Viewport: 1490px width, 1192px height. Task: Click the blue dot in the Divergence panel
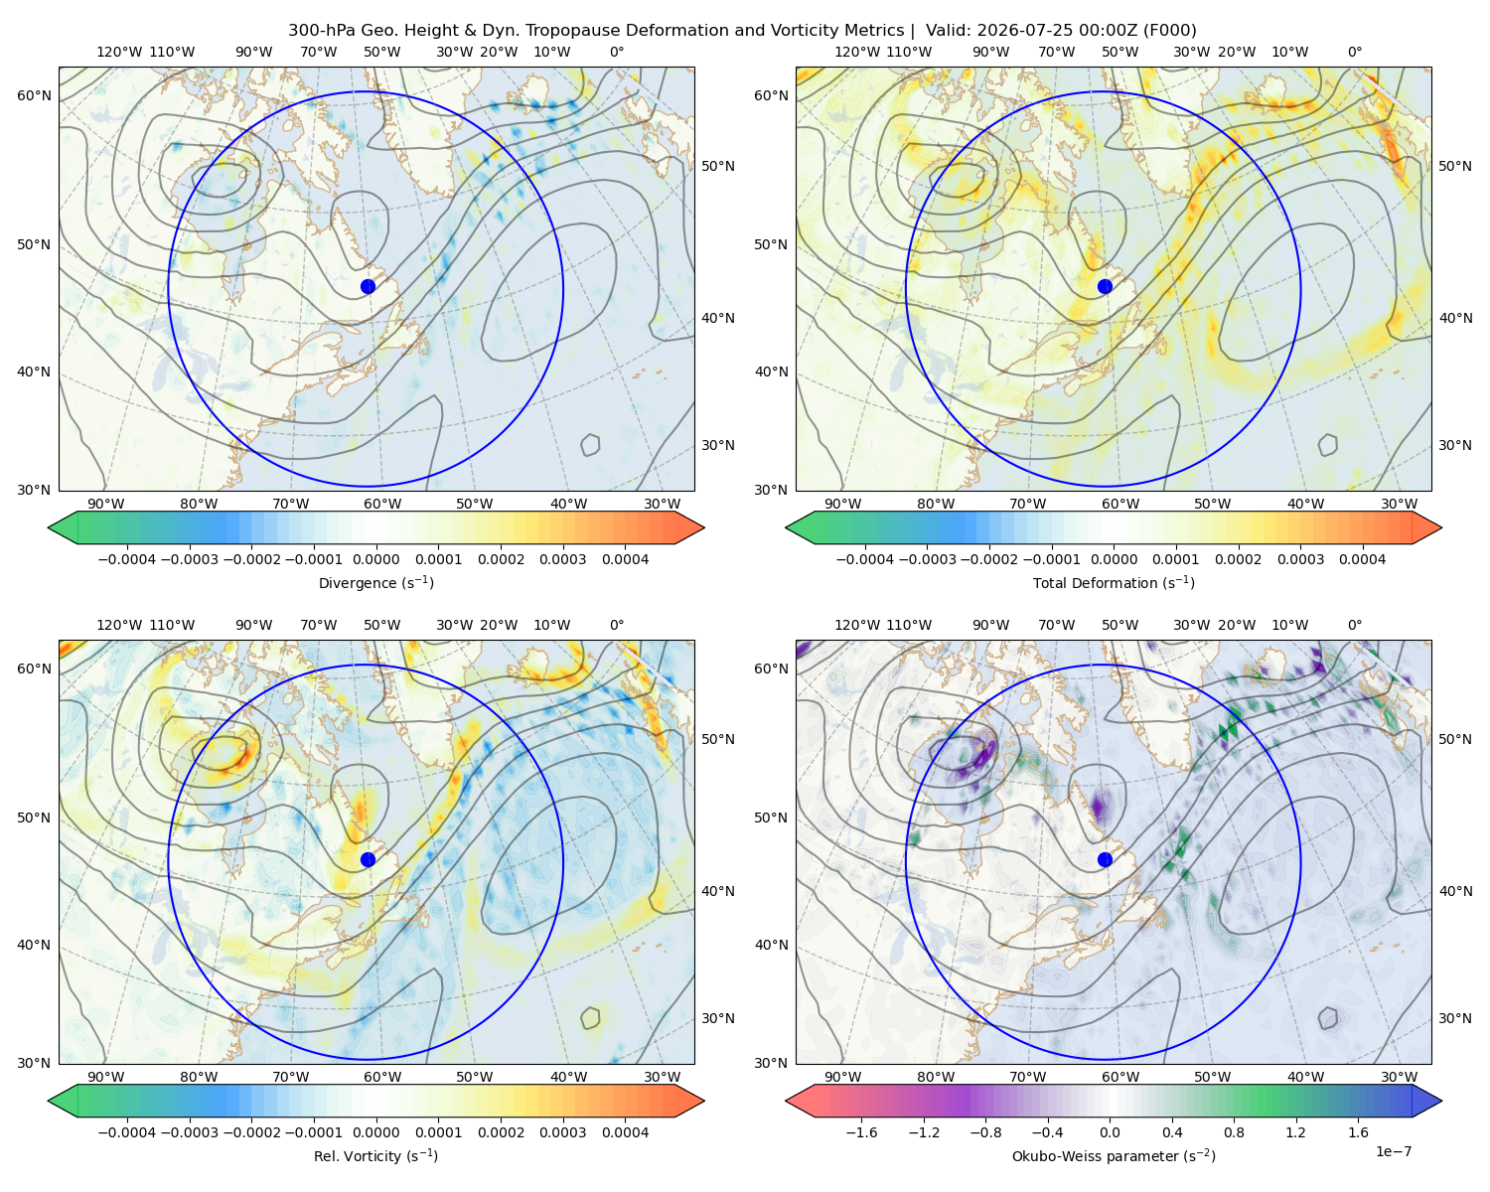368,286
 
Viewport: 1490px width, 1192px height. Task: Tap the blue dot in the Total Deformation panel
1105,286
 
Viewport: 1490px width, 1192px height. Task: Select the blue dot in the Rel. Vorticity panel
368,859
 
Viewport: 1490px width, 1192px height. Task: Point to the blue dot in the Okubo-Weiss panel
1105,859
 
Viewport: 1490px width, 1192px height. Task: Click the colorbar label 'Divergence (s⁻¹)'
375,582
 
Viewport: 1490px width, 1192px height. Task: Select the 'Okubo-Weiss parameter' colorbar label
1086,1156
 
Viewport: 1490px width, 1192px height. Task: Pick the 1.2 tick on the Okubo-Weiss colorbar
1295,1132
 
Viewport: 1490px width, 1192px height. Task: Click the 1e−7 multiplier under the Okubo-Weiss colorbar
1393,1151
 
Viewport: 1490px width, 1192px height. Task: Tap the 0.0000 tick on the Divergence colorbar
375,559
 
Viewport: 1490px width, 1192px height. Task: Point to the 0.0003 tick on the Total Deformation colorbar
1300,559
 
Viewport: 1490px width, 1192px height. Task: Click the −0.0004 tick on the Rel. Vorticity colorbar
127,1132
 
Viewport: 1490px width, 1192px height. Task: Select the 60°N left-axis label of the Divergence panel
34,95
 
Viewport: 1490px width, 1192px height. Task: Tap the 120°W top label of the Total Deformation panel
856,52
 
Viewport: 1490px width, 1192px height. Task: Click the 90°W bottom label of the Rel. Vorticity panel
106,1077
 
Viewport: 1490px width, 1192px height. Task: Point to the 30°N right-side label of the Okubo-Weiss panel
1454,1017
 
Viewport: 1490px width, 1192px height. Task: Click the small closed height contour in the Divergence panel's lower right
590,445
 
